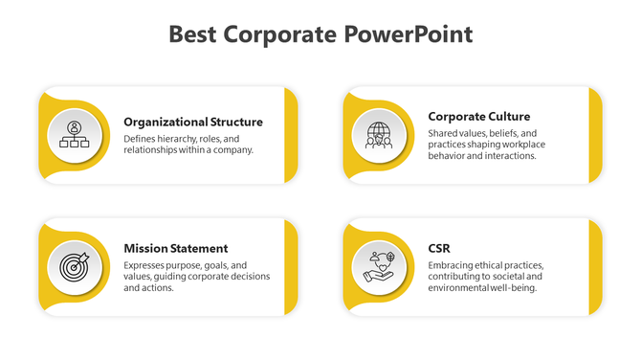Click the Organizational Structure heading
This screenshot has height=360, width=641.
tap(193, 122)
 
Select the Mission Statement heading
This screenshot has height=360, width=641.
tap(176, 248)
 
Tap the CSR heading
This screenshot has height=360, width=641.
tap(440, 248)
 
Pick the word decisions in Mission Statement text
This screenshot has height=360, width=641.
tap(248, 277)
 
